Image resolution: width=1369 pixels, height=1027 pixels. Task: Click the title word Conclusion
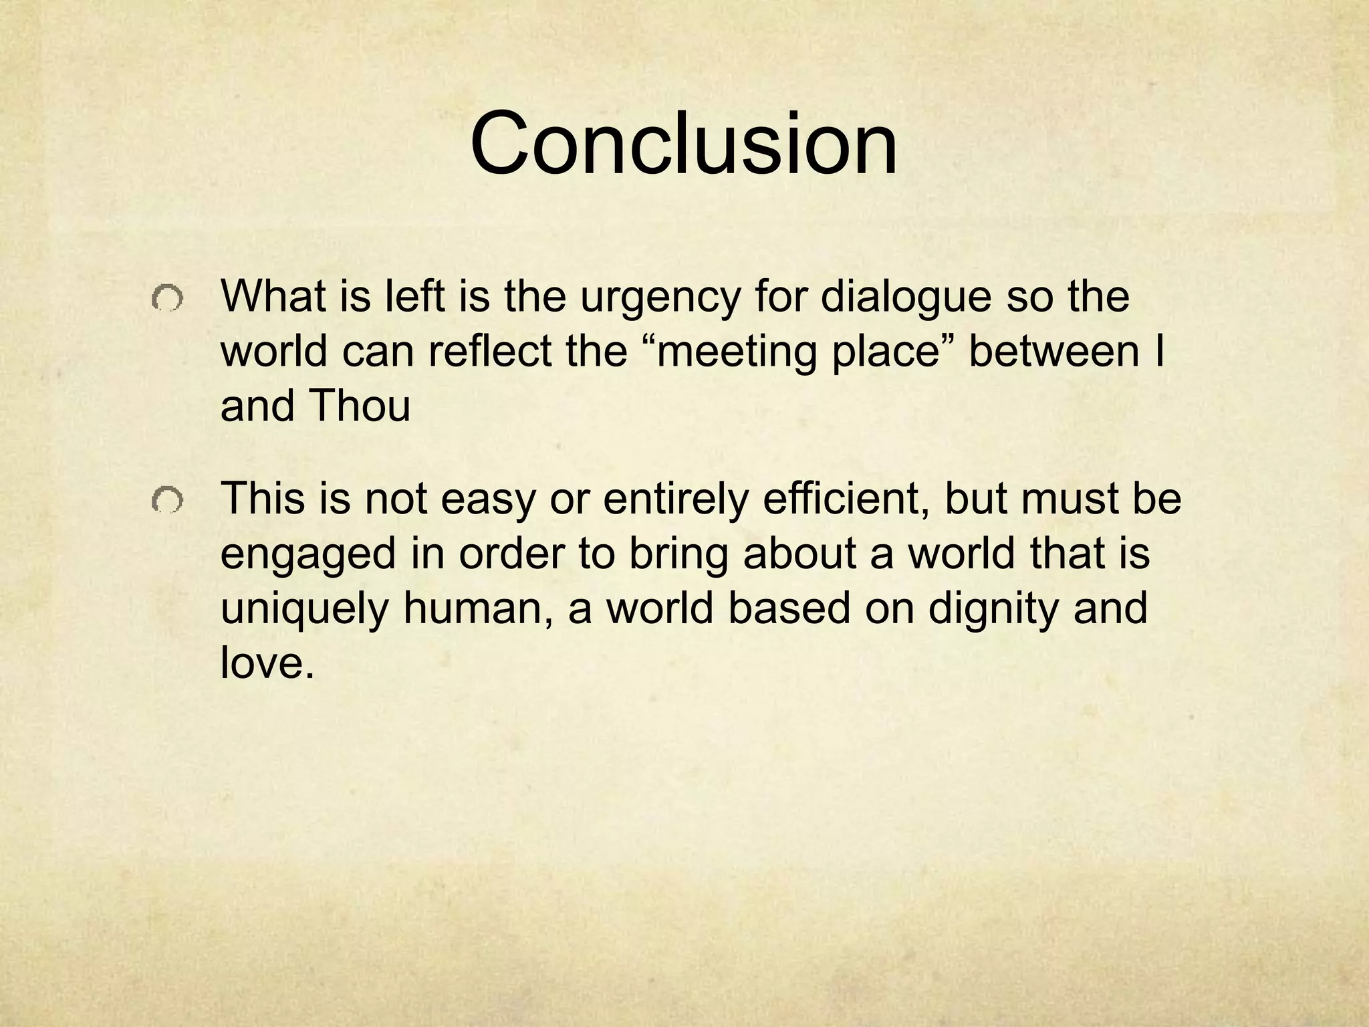(x=684, y=144)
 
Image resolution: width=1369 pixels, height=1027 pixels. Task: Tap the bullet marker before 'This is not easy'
(x=166, y=501)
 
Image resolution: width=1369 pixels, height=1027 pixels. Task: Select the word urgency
(x=660, y=298)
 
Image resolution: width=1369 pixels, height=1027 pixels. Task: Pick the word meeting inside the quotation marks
(x=737, y=352)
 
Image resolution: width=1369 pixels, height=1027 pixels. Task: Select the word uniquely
(x=304, y=610)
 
